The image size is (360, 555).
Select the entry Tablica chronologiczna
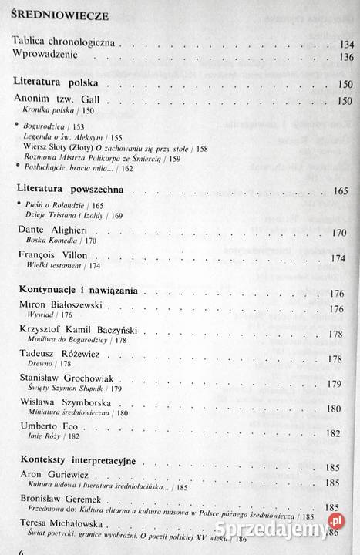64,43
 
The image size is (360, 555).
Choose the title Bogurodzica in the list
47,126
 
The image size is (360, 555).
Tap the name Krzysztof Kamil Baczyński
86,334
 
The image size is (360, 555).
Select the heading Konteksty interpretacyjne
76,460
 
